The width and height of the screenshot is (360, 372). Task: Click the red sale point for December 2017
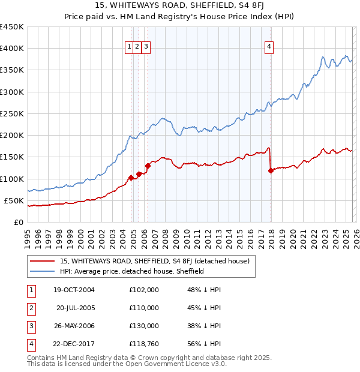[271, 170]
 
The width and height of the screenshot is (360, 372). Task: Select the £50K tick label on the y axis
[14, 200]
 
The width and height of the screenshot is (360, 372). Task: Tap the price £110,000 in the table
[144, 308]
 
